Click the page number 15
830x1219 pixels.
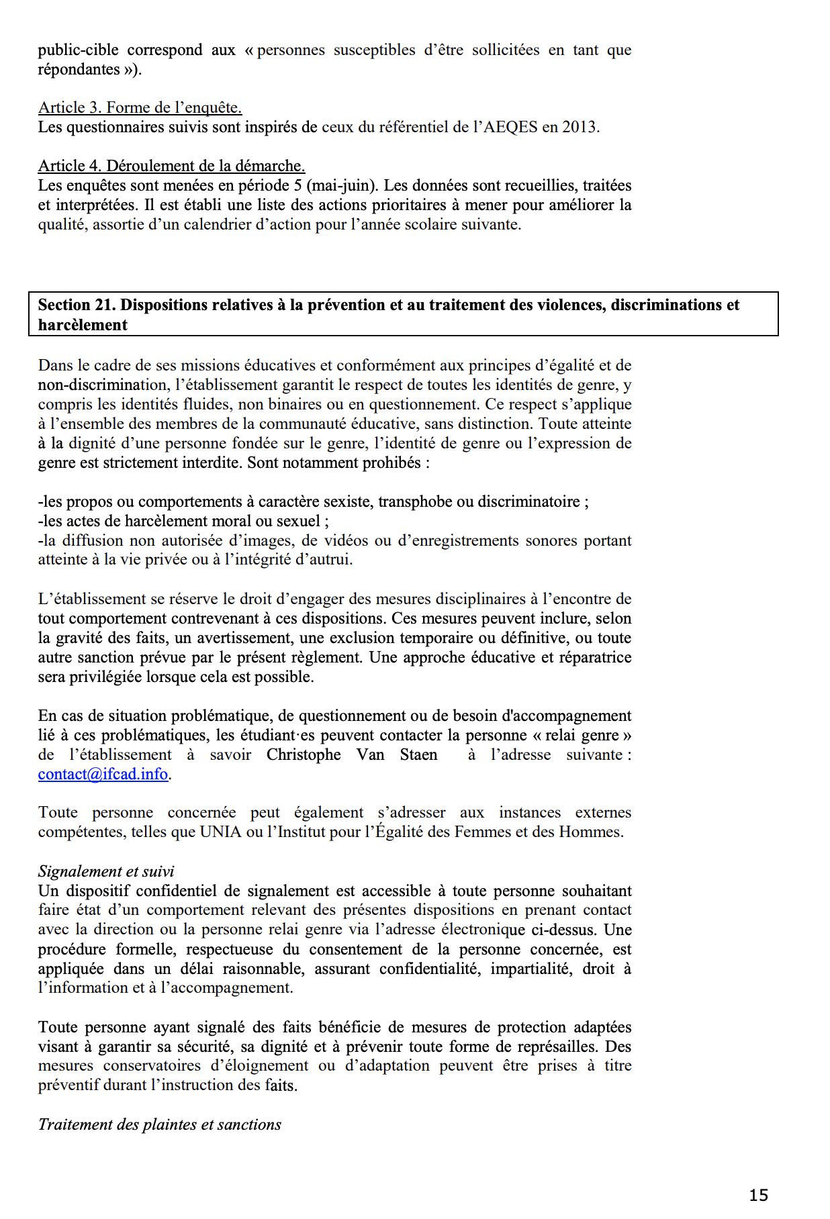pos(758,1195)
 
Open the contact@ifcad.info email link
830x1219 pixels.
pos(103,774)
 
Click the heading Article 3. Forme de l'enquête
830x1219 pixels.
pos(140,107)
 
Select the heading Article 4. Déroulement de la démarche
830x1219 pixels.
pos(171,166)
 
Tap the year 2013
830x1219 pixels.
pos(580,127)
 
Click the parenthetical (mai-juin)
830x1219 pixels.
pos(342,185)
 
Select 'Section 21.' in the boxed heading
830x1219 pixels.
pos(77,305)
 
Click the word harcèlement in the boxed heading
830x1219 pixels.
pos(83,325)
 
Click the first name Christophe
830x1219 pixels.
pos(304,754)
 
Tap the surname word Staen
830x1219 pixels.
pos(418,754)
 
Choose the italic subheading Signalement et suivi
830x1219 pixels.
pos(106,871)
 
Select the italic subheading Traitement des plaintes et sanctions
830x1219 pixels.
pos(160,1124)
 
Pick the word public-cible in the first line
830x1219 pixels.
pos(78,50)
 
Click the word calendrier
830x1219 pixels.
pos(206,224)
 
